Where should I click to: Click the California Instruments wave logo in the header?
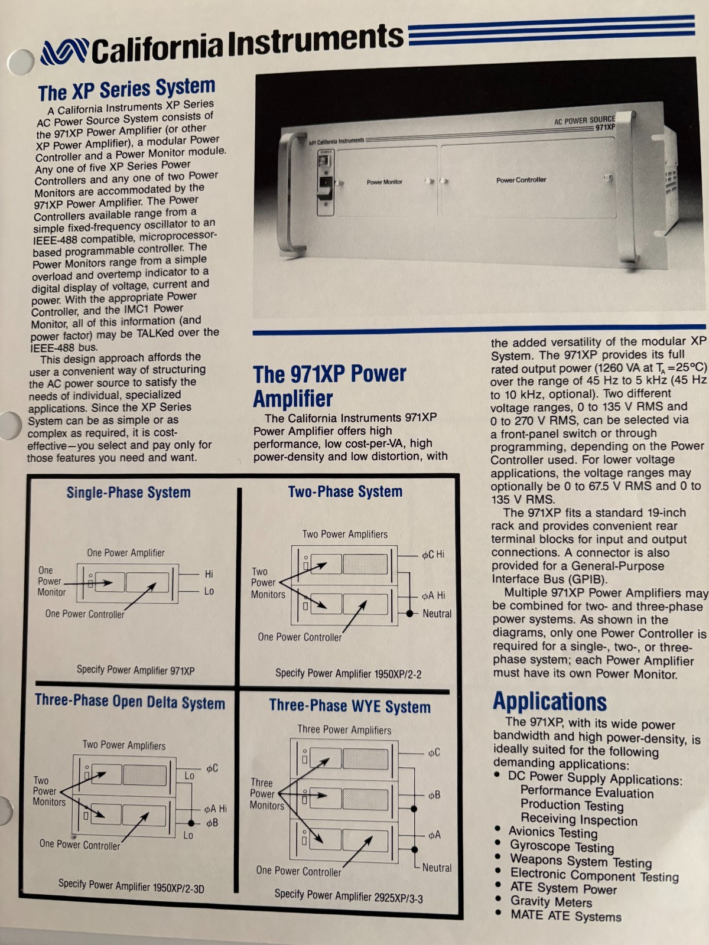pyautogui.click(x=64, y=53)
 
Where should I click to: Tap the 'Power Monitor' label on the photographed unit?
pyautogui.click(x=385, y=182)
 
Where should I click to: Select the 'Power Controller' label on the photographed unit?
pyautogui.click(x=521, y=180)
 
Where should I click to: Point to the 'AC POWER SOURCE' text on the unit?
pyautogui.click(x=584, y=120)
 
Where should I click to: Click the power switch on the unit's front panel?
pyautogui.click(x=325, y=186)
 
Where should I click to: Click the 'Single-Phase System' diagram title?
pyautogui.click(x=128, y=493)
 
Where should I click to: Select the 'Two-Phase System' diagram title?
pyautogui.click(x=345, y=491)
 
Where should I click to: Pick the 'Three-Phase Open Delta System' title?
pyautogui.click(x=130, y=702)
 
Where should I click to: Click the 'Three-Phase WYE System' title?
pyautogui.click(x=350, y=706)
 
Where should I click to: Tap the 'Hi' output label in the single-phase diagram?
pyautogui.click(x=209, y=574)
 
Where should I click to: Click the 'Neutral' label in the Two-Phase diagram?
pyautogui.click(x=437, y=614)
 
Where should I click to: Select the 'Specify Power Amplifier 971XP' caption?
pyautogui.click(x=136, y=670)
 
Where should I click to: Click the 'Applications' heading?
pyautogui.click(x=549, y=701)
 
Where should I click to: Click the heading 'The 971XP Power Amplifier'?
pyautogui.click(x=329, y=386)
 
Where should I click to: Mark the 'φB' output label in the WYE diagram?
pyautogui.click(x=434, y=795)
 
